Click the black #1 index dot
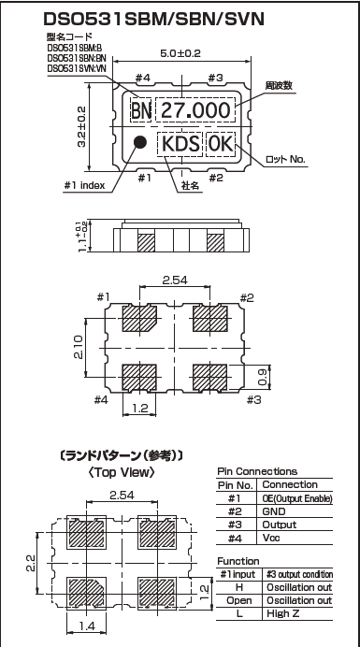[x=140, y=142]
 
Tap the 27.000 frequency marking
[x=195, y=110]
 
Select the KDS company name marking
[x=180, y=144]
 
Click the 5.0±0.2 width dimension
[x=180, y=54]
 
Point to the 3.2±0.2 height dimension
[x=81, y=126]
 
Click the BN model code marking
[x=141, y=110]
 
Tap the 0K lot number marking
[x=220, y=144]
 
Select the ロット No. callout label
[x=286, y=160]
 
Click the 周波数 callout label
[x=279, y=86]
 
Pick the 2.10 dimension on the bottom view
[x=79, y=347]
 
